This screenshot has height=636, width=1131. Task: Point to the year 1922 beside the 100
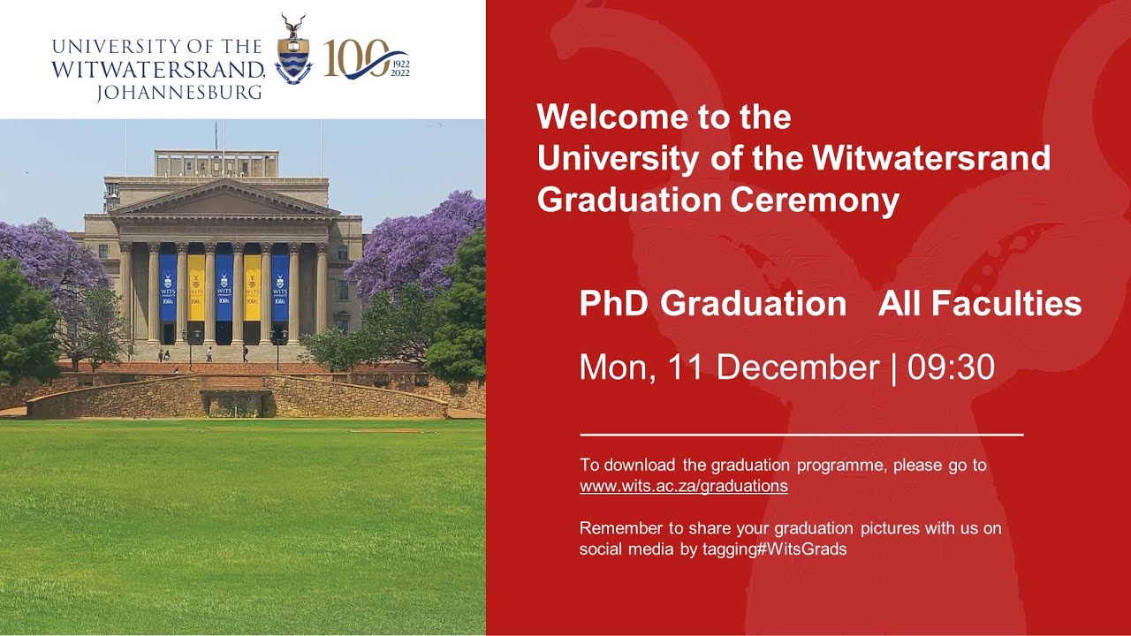(x=399, y=64)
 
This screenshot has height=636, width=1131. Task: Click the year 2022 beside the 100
(x=399, y=73)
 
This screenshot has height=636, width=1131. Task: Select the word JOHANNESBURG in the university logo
(x=179, y=92)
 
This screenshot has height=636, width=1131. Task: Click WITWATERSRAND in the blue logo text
(x=158, y=69)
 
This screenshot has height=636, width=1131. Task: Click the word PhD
(x=614, y=304)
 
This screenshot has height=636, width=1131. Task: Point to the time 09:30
(x=952, y=367)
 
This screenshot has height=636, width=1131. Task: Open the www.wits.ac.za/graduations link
(x=683, y=486)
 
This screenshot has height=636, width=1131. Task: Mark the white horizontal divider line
(x=801, y=435)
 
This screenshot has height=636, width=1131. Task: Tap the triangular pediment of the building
(x=224, y=200)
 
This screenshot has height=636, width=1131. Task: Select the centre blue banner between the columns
(x=224, y=288)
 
